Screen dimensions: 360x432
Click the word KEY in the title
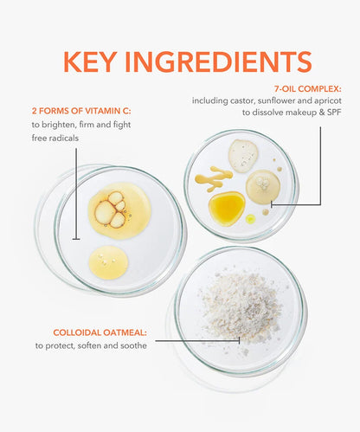90,61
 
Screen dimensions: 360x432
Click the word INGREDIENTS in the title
218,61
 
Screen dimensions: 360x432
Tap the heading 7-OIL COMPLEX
307,89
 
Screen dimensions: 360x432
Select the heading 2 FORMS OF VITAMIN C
81,111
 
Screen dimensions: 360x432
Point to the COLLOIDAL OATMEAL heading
100,332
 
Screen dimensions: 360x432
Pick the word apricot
328,101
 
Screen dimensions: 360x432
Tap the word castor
242,101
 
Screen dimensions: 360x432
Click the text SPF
334,113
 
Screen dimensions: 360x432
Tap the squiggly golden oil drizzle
214,178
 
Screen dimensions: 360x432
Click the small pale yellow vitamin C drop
108,262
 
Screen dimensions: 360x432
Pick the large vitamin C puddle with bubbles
119,210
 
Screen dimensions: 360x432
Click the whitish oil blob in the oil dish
243,156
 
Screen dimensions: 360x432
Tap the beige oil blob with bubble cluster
263,187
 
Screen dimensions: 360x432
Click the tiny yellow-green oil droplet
250,219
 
